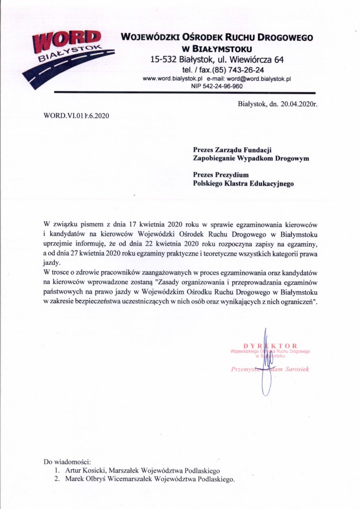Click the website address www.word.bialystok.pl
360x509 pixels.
(171, 79)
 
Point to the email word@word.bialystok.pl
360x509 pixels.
(259, 79)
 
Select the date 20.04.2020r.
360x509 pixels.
(297, 104)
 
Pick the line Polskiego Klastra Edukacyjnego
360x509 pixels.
(243, 183)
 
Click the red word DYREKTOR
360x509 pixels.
(270, 345)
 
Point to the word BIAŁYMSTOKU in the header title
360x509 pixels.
(224, 49)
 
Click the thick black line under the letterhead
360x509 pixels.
(184, 93)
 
